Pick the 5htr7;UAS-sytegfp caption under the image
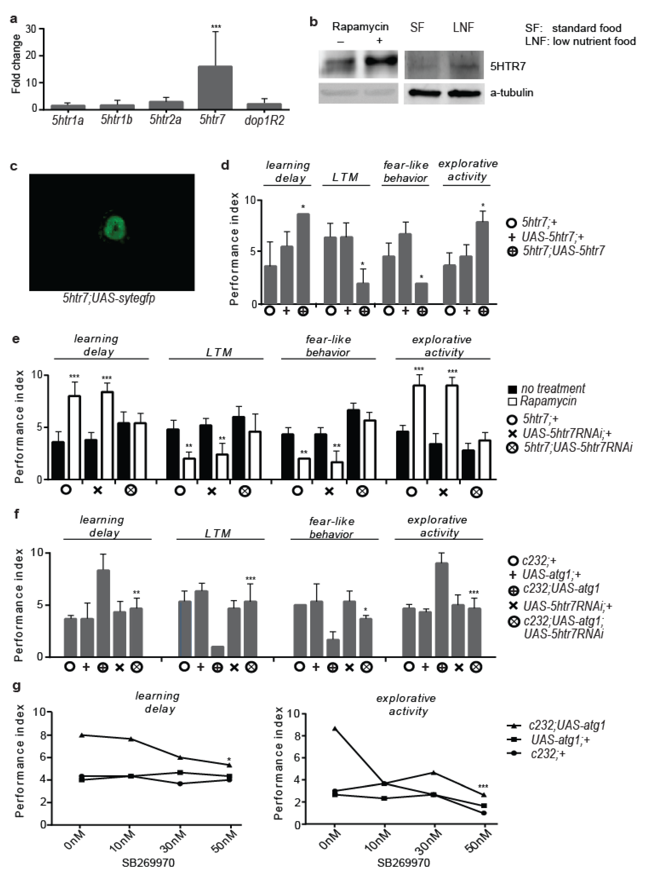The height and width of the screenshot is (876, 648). [x=109, y=298]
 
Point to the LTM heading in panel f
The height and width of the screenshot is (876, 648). [x=218, y=533]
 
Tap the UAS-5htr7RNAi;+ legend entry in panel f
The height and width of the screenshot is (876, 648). [x=561, y=606]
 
